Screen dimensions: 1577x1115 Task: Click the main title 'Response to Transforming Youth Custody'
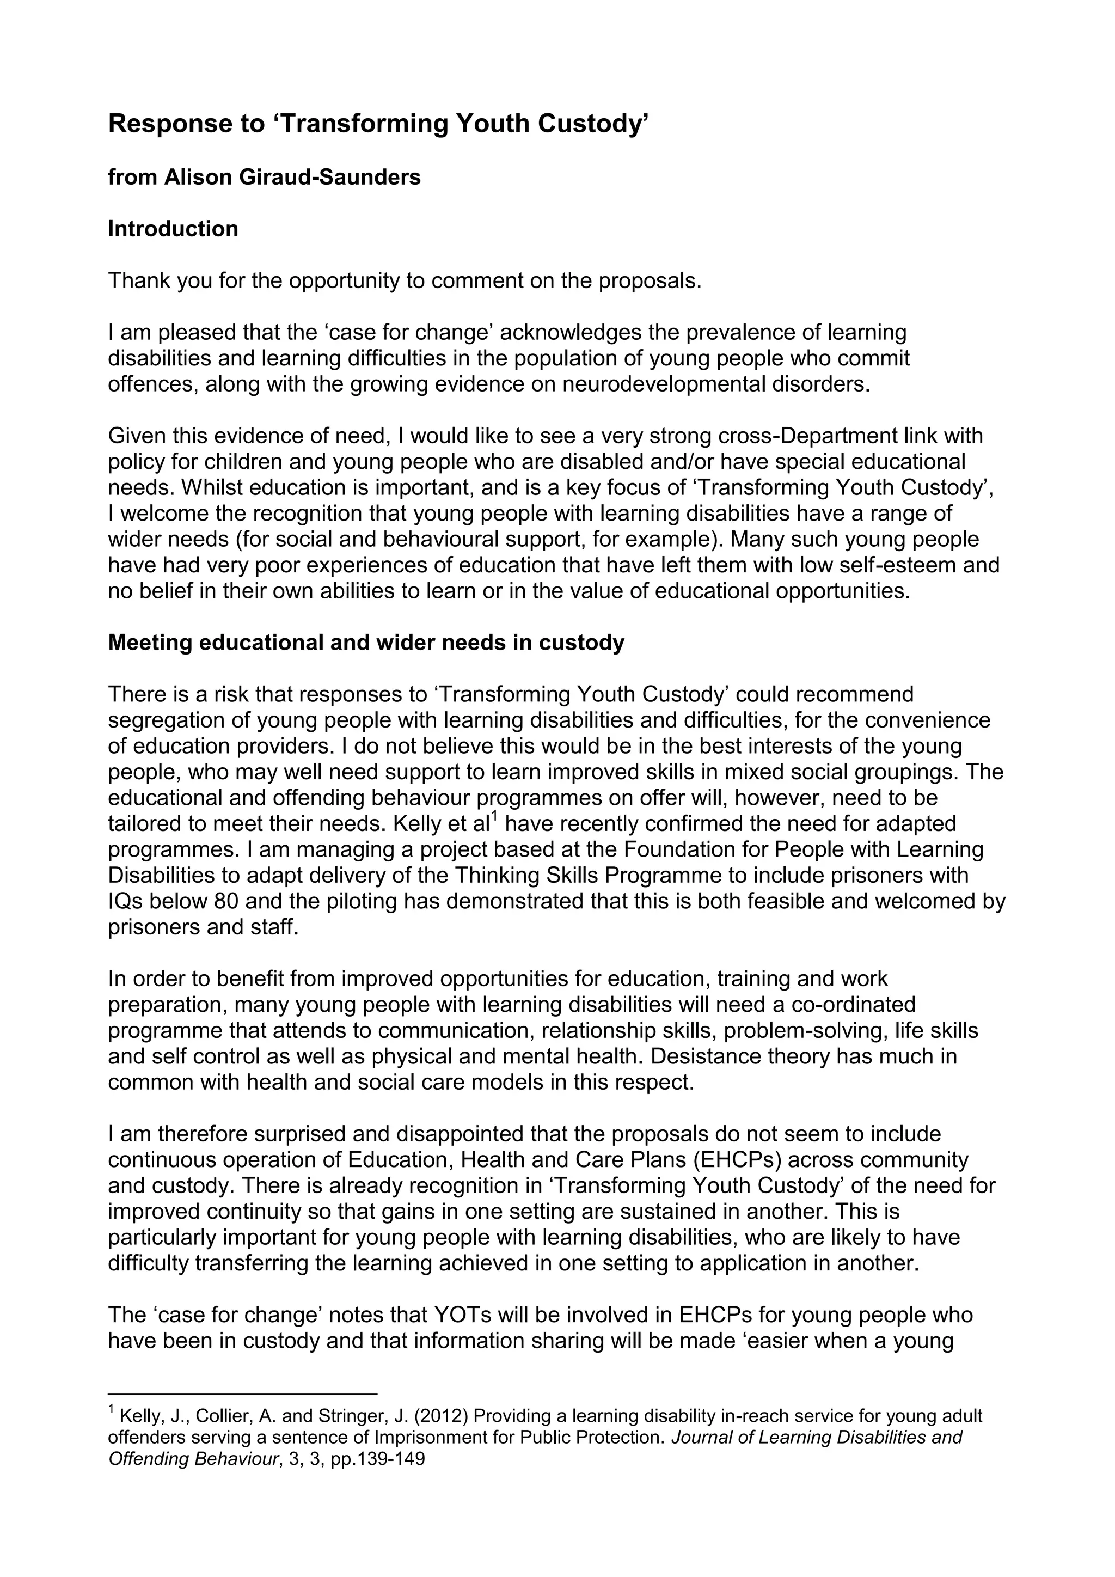point(378,124)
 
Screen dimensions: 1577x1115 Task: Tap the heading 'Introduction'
point(173,229)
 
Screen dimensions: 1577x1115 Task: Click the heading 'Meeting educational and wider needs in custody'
point(366,643)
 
